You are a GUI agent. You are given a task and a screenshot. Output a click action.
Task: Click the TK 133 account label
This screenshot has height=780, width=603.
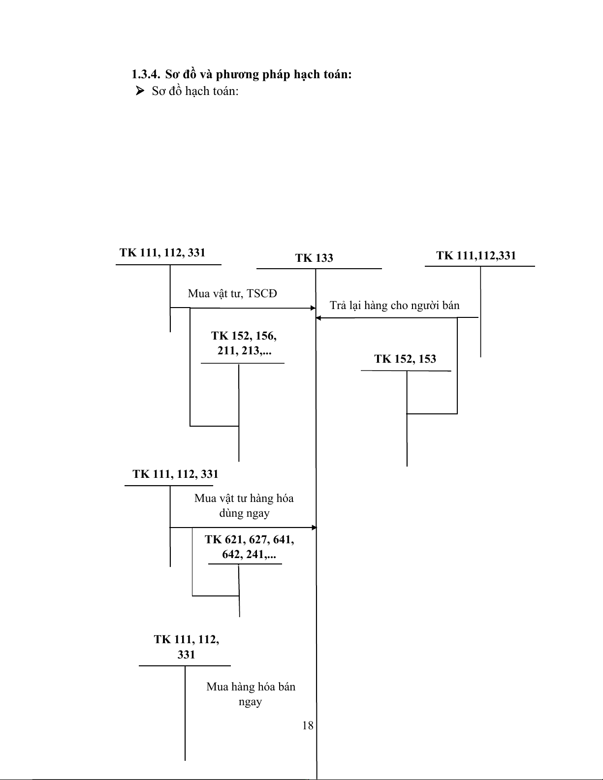coord(314,258)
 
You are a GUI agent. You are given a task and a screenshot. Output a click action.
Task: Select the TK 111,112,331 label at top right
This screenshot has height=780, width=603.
coord(476,255)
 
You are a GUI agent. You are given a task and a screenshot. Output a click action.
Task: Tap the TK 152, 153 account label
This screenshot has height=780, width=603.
coord(405,359)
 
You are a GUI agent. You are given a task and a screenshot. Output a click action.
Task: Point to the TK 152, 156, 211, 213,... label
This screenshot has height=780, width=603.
coord(244,343)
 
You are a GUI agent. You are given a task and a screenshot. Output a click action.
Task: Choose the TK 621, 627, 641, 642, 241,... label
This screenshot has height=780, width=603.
coord(249,547)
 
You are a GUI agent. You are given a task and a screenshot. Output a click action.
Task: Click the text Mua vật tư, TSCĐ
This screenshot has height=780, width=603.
coord(232,294)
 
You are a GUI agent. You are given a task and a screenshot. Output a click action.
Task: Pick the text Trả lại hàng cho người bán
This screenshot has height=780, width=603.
coord(394,306)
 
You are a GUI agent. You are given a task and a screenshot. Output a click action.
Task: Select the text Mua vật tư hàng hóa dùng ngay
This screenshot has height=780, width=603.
coord(244,506)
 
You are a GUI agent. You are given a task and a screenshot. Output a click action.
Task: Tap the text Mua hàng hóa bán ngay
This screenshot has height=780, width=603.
coord(251,694)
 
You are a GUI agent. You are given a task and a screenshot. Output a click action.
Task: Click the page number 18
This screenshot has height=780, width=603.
coord(308,725)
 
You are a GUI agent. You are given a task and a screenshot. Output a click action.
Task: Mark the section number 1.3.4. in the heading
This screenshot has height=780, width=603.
coord(146,75)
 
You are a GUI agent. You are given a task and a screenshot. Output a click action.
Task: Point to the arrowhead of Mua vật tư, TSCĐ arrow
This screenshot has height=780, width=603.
coord(313,308)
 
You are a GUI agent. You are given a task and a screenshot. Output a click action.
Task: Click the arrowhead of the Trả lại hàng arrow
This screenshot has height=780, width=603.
coord(318,318)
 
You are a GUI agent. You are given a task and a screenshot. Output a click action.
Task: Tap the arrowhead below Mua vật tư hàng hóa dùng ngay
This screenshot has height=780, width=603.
coord(314,528)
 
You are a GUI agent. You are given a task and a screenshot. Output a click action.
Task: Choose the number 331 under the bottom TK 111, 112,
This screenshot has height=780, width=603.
coord(186,655)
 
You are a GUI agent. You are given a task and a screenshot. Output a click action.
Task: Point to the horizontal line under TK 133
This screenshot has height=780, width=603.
coord(319,269)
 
